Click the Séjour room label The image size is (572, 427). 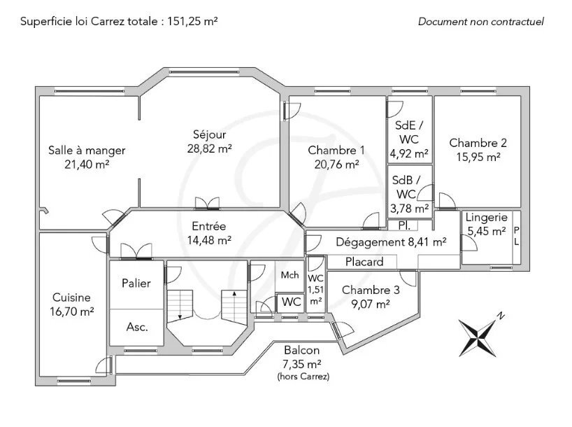click(x=209, y=134)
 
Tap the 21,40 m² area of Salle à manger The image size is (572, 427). click(x=87, y=164)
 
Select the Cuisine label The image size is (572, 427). click(x=71, y=297)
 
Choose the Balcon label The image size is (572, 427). click(x=301, y=350)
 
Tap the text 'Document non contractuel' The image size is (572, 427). click(x=481, y=22)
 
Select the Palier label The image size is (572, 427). click(x=136, y=283)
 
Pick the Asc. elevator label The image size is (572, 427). click(x=137, y=327)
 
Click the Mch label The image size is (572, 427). click(x=289, y=274)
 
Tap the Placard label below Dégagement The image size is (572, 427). click(x=364, y=262)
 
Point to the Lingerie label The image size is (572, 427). click(x=486, y=218)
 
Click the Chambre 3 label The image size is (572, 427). click(x=371, y=290)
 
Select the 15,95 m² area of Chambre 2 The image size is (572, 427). click(x=478, y=157)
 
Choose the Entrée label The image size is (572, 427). click(x=208, y=226)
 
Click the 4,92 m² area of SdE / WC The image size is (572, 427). click(x=409, y=154)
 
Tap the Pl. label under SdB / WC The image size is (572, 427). click(x=404, y=225)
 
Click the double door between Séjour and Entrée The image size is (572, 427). click(x=207, y=204)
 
